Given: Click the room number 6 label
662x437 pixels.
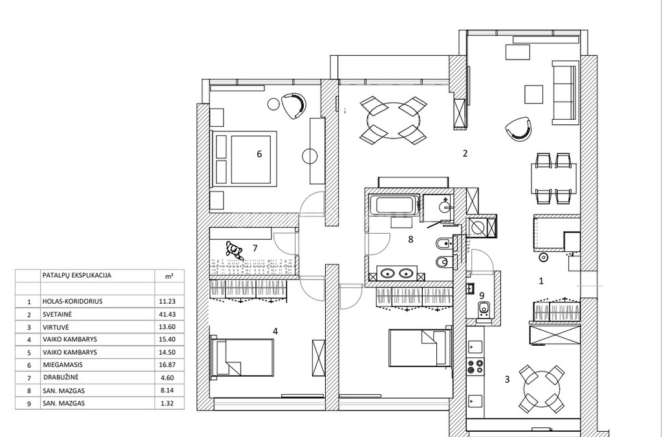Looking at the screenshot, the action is click(x=259, y=154).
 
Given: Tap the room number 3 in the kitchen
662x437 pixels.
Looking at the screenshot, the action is click(x=507, y=379).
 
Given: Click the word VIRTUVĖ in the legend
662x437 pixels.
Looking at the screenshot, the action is click(x=56, y=327).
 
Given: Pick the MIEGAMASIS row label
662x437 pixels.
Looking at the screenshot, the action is click(x=63, y=364).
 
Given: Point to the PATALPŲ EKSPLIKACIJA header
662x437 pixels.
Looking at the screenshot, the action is click(x=77, y=275).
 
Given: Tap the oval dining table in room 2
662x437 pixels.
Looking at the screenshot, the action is click(x=394, y=120).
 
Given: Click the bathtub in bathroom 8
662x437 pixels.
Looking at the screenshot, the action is click(x=394, y=206).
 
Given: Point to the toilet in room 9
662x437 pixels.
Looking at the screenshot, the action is click(x=484, y=310).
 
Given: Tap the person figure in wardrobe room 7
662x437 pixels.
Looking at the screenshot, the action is click(x=234, y=250).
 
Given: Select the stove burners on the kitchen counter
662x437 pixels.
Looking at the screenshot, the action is click(x=475, y=366).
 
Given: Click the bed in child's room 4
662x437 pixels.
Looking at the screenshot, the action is click(x=242, y=357).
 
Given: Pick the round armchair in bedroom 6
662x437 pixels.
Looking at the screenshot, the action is click(x=294, y=106).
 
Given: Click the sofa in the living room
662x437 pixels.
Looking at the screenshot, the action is click(x=564, y=93).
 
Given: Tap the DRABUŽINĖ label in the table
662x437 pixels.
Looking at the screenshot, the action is click(x=61, y=377).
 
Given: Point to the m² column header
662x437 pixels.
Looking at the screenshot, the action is click(x=169, y=276).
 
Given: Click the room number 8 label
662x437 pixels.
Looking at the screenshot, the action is click(x=411, y=240).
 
